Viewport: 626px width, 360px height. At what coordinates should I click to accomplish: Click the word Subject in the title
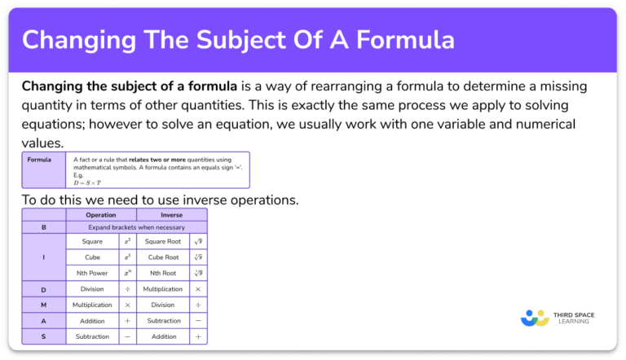coord(230,40)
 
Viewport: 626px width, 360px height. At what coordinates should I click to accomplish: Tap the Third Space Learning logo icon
coord(536,316)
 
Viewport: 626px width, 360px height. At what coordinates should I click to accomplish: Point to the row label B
coord(43,227)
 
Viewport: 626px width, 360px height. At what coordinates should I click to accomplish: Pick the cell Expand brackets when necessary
coord(136,227)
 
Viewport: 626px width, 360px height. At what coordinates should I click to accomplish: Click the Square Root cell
coord(162,242)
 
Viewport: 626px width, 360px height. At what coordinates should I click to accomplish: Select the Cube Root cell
coord(162,257)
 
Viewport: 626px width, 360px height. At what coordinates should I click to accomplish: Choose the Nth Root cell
coord(162,273)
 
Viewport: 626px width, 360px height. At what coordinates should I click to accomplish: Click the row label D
coord(43,289)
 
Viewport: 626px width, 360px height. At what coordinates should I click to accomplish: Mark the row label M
coord(43,305)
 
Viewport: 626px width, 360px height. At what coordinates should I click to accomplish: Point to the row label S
coord(43,336)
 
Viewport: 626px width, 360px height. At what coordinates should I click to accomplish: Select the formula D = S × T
coord(91,182)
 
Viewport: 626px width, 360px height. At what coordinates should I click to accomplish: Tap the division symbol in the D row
coord(127,289)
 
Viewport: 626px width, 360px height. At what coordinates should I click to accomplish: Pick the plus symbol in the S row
coord(198,336)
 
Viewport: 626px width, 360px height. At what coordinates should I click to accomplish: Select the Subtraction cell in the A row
coord(164,320)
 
